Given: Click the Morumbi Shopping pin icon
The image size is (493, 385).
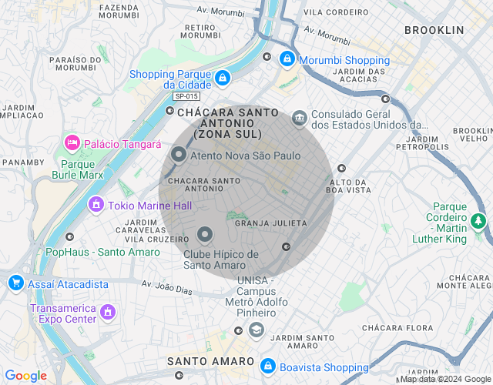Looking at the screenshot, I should click(287, 59).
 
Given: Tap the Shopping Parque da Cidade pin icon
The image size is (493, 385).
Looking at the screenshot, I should click(222, 78).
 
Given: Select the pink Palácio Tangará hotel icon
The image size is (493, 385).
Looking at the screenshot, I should click(72, 142).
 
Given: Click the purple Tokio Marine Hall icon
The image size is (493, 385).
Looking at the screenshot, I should click(96, 204).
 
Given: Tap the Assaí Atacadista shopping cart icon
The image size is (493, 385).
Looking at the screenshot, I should click(15, 283).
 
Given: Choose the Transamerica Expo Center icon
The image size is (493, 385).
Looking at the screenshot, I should click(108, 312).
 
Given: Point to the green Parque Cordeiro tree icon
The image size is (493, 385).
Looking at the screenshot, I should click(479, 222).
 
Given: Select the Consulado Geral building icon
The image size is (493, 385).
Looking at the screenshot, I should click(299, 118).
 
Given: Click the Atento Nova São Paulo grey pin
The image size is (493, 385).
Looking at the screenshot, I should click(178, 156).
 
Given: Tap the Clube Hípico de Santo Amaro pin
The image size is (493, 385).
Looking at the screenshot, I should click(205, 234).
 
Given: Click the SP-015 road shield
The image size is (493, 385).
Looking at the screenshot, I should click(186, 96).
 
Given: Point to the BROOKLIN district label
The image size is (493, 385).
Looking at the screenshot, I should click(434, 30).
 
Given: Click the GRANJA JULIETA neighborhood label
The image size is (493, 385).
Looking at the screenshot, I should click(270, 223).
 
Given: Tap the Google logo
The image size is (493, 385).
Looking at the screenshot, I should click(25, 375).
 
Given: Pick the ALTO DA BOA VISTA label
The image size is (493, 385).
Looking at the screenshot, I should click(350, 186).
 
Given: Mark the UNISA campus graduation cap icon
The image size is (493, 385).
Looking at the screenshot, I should click(256, 330).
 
